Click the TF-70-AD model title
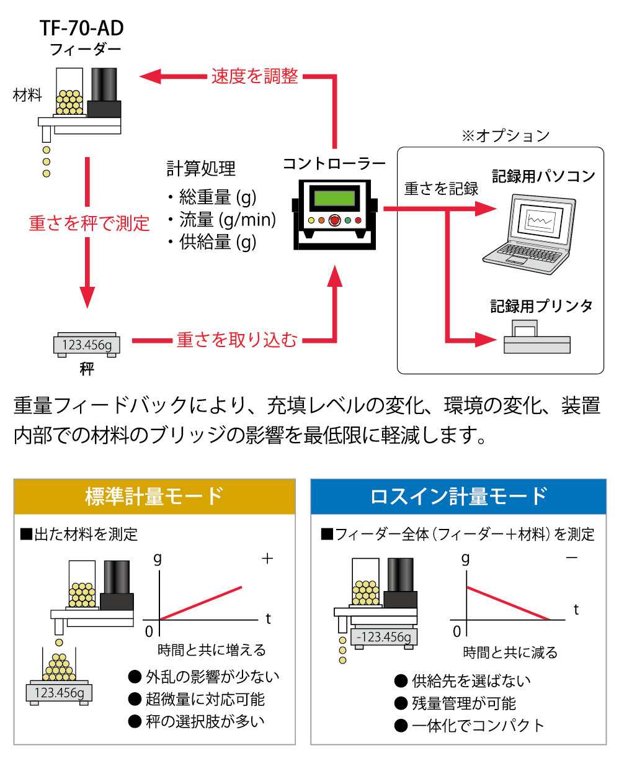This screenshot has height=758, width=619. (81, 28)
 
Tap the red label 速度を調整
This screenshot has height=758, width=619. (254, 76)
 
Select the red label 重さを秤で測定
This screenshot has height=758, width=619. (89, 223)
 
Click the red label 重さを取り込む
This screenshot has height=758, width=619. (237, 340)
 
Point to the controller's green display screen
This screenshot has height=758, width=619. (335, 200)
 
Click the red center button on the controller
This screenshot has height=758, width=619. (335, 220)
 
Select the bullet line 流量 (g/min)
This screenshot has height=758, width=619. (221, 219)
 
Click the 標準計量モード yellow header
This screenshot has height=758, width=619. (154, 496)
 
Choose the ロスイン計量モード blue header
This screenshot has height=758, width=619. (458, 496)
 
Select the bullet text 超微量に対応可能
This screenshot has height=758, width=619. (205, 699)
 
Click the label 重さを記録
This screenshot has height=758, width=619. (441, 189)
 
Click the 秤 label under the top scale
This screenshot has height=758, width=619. (86, 370)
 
